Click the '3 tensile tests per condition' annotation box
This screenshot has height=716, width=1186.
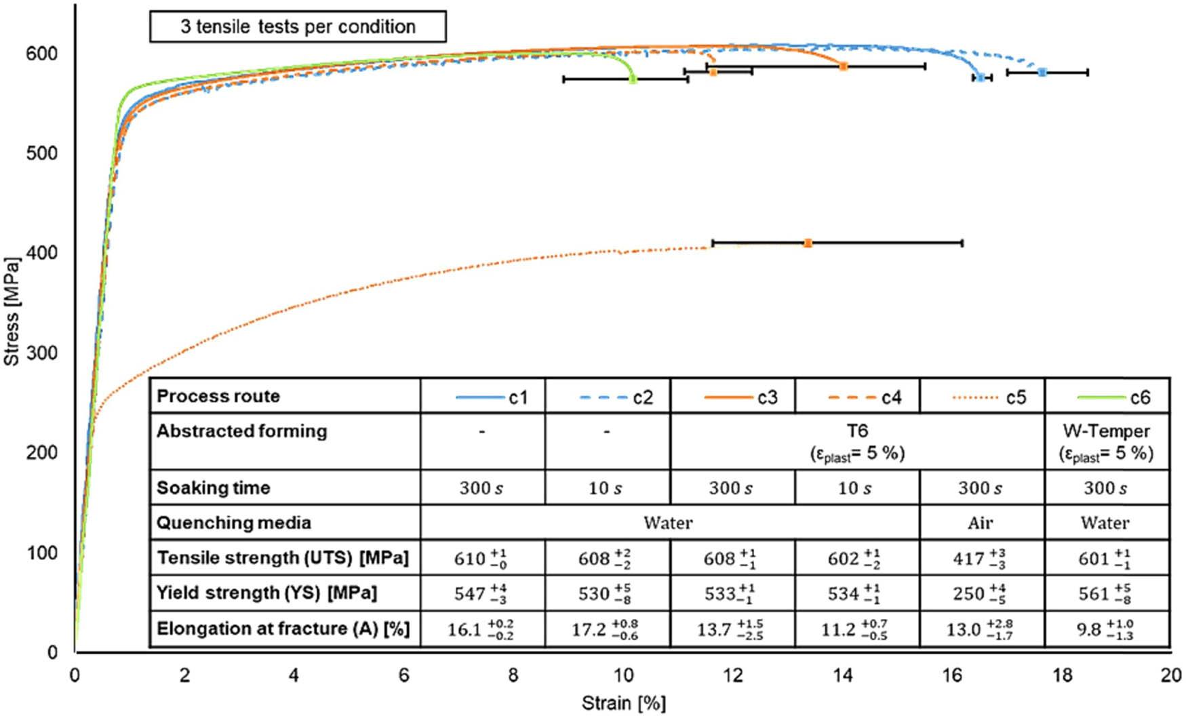[x=298, y=27]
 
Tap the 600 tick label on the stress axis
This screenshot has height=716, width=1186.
[x=42, y=53]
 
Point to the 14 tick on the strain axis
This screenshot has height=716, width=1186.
[x=842, y=675]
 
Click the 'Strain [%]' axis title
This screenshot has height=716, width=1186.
[x=623, y=703]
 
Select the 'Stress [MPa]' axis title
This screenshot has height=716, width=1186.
[x=12, y=311]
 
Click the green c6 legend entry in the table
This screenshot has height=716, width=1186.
[x=1108, y=397]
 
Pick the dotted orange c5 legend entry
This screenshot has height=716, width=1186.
[x=983, y=397]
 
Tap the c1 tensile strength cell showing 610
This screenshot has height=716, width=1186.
[x=481, y=559]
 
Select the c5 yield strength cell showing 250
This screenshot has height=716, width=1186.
[x=983, y=594]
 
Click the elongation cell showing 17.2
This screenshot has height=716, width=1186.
[x=607, y=630]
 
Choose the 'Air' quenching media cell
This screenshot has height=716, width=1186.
[x=981, y=523]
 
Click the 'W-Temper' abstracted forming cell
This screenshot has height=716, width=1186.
[x=1107, y=441]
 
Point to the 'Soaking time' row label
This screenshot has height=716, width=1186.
[x=213, y=488]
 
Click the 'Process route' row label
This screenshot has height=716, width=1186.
[x=218, y=396]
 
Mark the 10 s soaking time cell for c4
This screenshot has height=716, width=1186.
[x=856, y=488]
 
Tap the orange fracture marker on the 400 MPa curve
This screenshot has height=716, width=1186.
[x=808, y=243]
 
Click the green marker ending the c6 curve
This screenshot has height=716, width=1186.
[x=633, y=79]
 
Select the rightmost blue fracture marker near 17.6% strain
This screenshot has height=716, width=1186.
[x=1042, y=72]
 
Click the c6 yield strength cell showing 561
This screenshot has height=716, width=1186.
[x=1107, y=594]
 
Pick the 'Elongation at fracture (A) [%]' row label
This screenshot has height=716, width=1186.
[x=283, y=629]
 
